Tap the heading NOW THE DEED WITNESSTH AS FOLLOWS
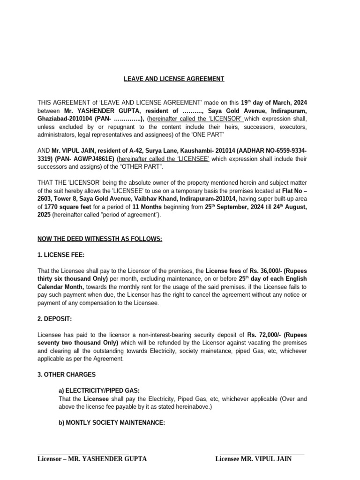coord(99,239)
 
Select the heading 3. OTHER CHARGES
coord(66,375)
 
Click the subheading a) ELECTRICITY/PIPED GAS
coord(93,390)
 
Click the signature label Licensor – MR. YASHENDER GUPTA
coord(92,459)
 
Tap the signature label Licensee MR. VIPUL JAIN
coord(253,459)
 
